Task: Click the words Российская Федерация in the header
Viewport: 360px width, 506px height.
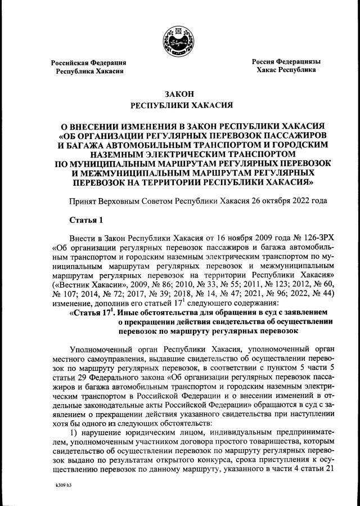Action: pyautogui.click(x=88, y=62)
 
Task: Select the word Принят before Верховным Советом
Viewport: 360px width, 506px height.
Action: pyautogui.click(x=81, y=200)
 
